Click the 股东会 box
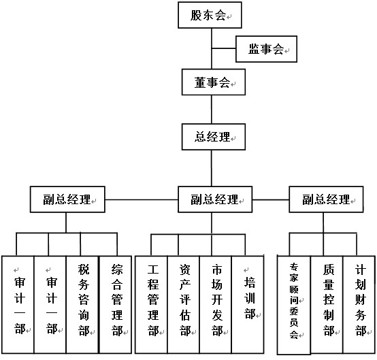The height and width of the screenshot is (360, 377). pyautogui.click(x=210, y=15)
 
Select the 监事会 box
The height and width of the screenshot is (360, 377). pyautogui.click(x=266, y=49)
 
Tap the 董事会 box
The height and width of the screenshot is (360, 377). pyautogui.click(x=214, y=82)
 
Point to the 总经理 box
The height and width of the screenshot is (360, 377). pyautogui.click(x=214, y=137)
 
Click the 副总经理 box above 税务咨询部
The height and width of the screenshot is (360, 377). pyautogui.click(x=67, y=199)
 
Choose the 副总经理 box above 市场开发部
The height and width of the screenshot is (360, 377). pyautogui.click(x=215, y=199)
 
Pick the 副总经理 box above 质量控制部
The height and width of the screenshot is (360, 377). pyautogui.click(x=326, y=199)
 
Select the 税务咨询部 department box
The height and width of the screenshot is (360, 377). pyautogui.click(x=82, y=304)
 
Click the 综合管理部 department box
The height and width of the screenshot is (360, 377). pyautogui.click(x=116, y=304)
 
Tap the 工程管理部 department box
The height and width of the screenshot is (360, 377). pyautogui.click(x=151, y=304)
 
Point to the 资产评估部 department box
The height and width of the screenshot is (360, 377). pyautogui.click(x=184, y=304)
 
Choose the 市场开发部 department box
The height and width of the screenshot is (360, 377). pyautogui.click(x=216, y=304)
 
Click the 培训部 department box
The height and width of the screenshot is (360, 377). pyautogui.click(x=248, y=304)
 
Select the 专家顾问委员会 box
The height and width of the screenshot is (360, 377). pyautogui.click(x=294, y=305)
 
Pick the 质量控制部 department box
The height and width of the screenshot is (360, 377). pyautogui.click(x=327, y=304)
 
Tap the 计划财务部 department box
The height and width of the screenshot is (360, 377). pyautogui.click(x=359, y=304)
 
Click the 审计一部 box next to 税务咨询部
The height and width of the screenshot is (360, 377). pyautogui.click(x=50, y=304)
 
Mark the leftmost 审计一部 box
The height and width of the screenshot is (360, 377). pyautogui.click(x=18, y=304)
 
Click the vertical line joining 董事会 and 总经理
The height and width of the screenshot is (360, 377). pyautogui.click(x=212, y=110)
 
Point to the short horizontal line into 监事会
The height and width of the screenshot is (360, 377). pyautogui.click(x=224, y=48)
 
